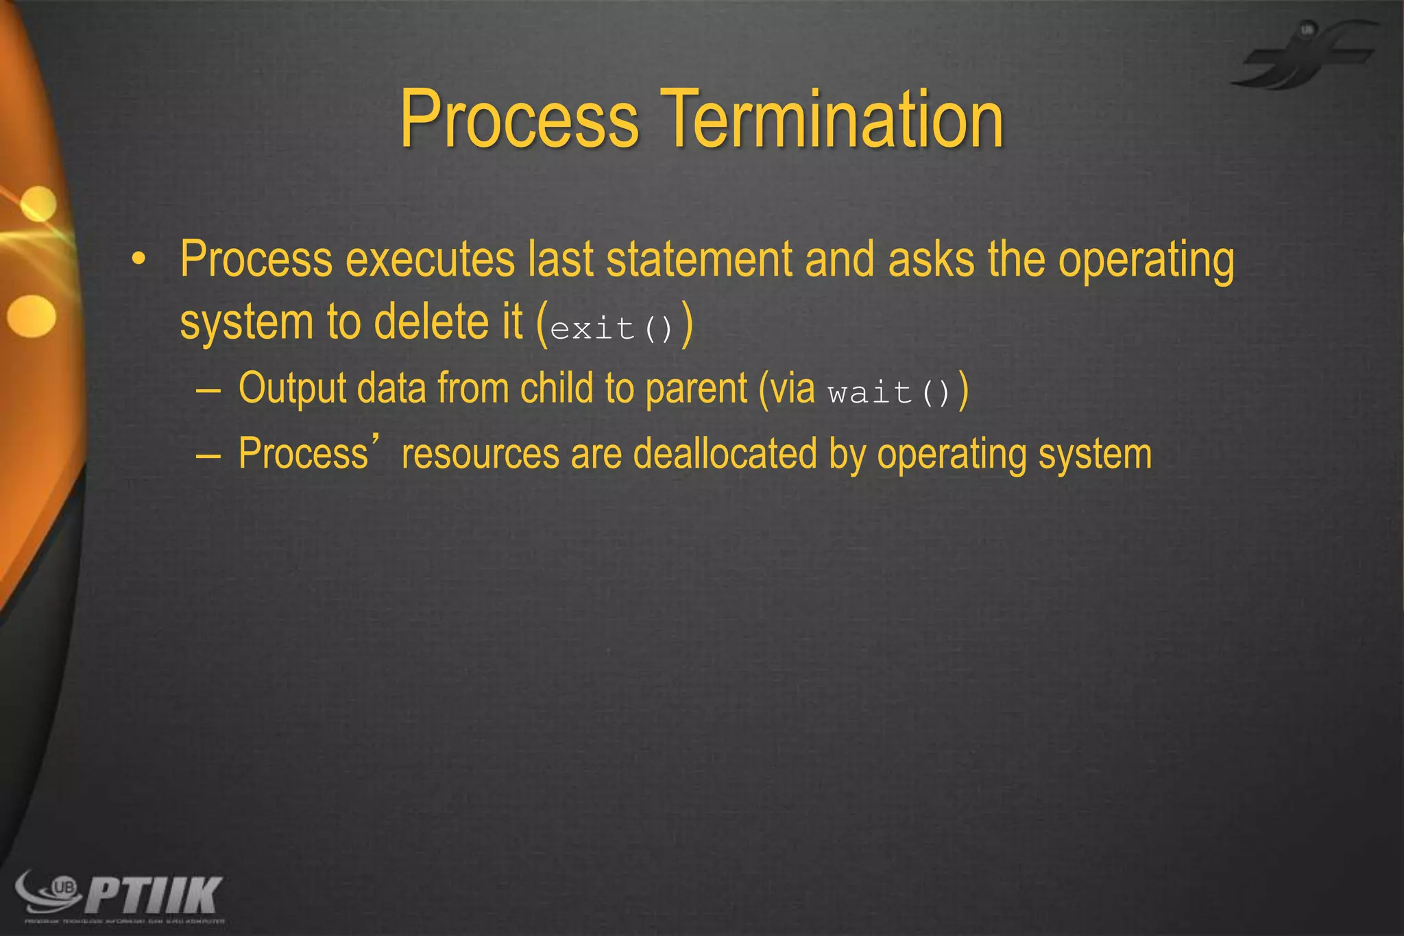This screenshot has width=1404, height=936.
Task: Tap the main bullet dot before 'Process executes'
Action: click(139, 260)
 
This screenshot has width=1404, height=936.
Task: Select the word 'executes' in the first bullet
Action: click(430, 260)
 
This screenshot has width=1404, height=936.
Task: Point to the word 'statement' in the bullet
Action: click(699, 260)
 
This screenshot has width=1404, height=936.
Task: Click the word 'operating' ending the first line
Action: click(1146, 260)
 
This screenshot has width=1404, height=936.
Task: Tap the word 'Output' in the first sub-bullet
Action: click(293, 388)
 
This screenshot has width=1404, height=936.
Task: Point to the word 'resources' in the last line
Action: click(480, 455)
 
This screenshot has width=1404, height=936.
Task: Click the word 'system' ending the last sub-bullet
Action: click(1095, 455)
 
